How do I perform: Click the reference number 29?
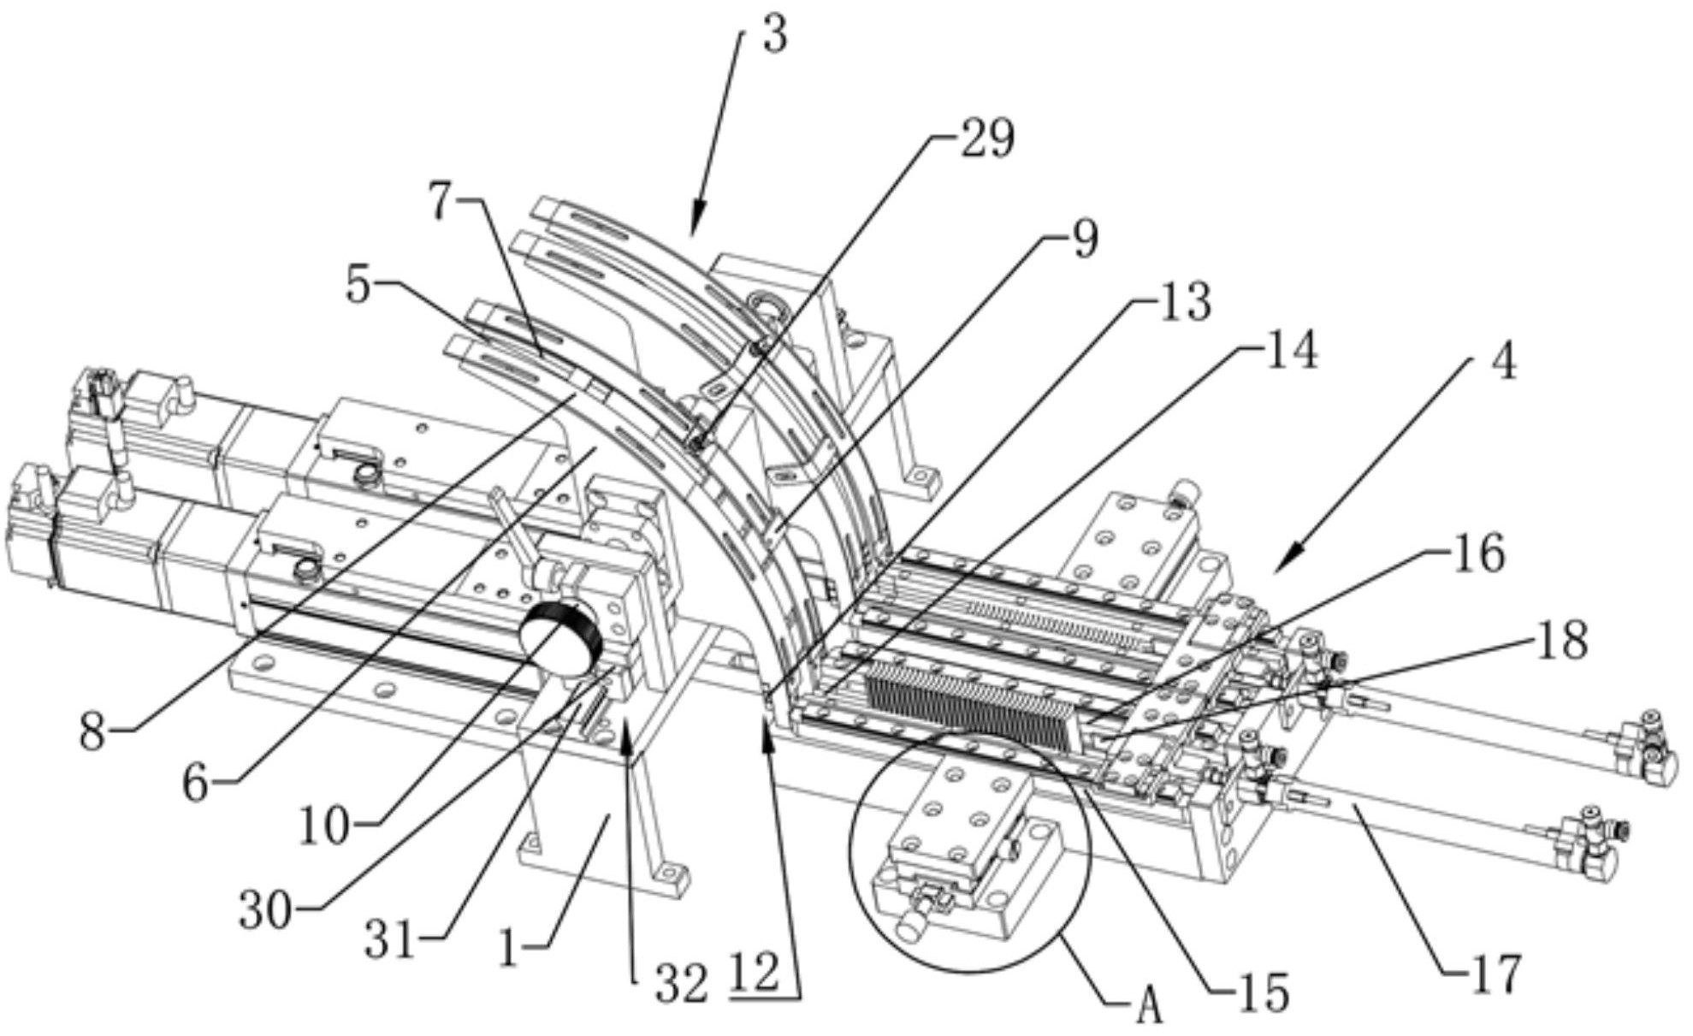[986, 139]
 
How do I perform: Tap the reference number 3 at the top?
[773, 36]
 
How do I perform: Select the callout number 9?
[1084, 240]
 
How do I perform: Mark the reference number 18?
[1562, 639]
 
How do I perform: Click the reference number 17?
[1495, 974]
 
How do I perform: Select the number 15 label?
[1263, 993]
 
